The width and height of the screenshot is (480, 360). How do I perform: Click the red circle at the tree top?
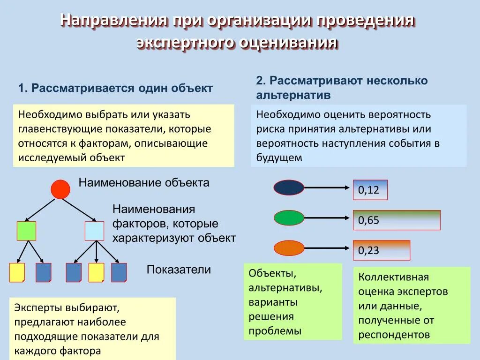click(60, 189)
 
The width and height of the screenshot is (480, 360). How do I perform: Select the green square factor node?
click(26, 231)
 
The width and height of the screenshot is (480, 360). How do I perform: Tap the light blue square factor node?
click(94, 231)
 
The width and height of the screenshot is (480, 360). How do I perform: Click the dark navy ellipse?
click(289, 188)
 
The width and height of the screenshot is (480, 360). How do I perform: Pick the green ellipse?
click(289, 218)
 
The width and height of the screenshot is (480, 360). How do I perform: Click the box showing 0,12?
click(370, 190)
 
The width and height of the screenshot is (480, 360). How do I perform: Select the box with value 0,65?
click(396, 220)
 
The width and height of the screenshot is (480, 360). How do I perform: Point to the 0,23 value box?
click(381, 250)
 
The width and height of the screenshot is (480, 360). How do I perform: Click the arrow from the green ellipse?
click(328, 218)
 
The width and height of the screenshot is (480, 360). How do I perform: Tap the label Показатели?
click(179, 270)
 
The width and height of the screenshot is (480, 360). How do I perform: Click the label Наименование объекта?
click(144, 183)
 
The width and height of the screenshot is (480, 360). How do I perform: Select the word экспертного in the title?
click(186, 43)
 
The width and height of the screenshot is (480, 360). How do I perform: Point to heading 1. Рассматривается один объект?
click(116, 88)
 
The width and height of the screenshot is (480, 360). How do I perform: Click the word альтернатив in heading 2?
click(293, 95)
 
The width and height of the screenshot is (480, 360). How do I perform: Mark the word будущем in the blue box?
click(279, 158)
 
